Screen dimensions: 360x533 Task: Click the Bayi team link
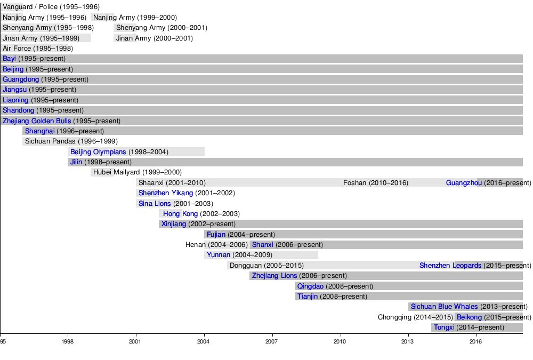coord(9,59)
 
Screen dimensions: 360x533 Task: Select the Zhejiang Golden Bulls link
coord(37,121)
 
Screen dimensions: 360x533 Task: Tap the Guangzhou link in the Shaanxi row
coord(464,183)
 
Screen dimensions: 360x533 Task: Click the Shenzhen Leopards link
coord(450,266)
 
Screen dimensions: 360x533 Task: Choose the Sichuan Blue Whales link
coord(444,307)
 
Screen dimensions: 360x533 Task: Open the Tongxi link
coord(444,327)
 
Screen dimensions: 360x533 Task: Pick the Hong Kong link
coord(180,214)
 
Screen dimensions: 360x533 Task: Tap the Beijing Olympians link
coord(98,152)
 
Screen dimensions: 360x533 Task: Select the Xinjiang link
coord(174,224)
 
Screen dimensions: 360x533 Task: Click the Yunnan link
coord(219,255)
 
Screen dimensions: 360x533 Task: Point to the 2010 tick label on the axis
coord(340,341)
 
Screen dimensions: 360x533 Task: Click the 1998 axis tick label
coord(68,341)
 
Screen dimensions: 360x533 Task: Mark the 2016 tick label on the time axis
coord(476,341)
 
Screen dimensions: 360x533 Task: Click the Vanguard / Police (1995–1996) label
coord(51,7)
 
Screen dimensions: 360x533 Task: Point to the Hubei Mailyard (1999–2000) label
coord(137,172)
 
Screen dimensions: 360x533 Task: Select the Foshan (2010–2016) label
coord(376,183)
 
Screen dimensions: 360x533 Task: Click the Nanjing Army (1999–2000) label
coord(135,18)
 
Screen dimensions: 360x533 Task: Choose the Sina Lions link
coord(155,204)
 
